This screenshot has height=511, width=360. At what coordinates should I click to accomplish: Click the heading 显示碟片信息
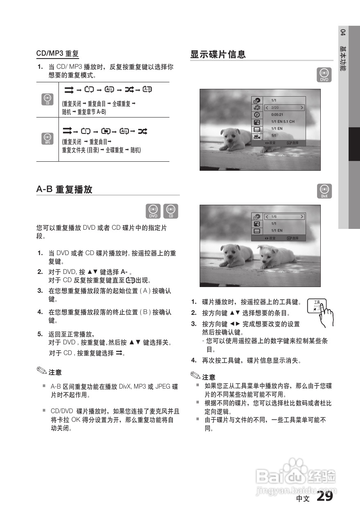pyautogui.click(x=218, y=54)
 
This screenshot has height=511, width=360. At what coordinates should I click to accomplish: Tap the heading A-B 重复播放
pyautogui.click(x=64, y=190)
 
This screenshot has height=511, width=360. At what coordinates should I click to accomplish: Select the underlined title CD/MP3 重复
pyautogui.click(x=57, y=53)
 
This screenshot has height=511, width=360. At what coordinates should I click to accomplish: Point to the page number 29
pyautogui.click(x=324, y=496)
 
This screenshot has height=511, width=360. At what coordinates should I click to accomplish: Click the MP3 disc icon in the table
pyautogui.click(x=47, y=139)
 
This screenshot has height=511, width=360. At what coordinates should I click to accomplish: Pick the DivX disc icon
pyautogui.click(x=324, y=191)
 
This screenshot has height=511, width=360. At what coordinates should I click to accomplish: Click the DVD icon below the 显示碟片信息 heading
pyautogui.click(x=324, y=75)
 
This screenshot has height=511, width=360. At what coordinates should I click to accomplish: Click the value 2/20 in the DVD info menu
pyautogui.click(x=274, y=108)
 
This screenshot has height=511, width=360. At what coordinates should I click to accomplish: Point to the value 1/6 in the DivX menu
pyautogui.click(x=274, y=217)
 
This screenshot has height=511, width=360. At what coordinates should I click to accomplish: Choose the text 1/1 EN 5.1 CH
pyautogui.click(x=283, y=122)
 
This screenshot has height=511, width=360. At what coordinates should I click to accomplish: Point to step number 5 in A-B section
pyautogui.click(x=40, y=333)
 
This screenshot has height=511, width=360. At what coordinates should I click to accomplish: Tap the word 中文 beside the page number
pyautogui.click(x=303, y=499)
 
